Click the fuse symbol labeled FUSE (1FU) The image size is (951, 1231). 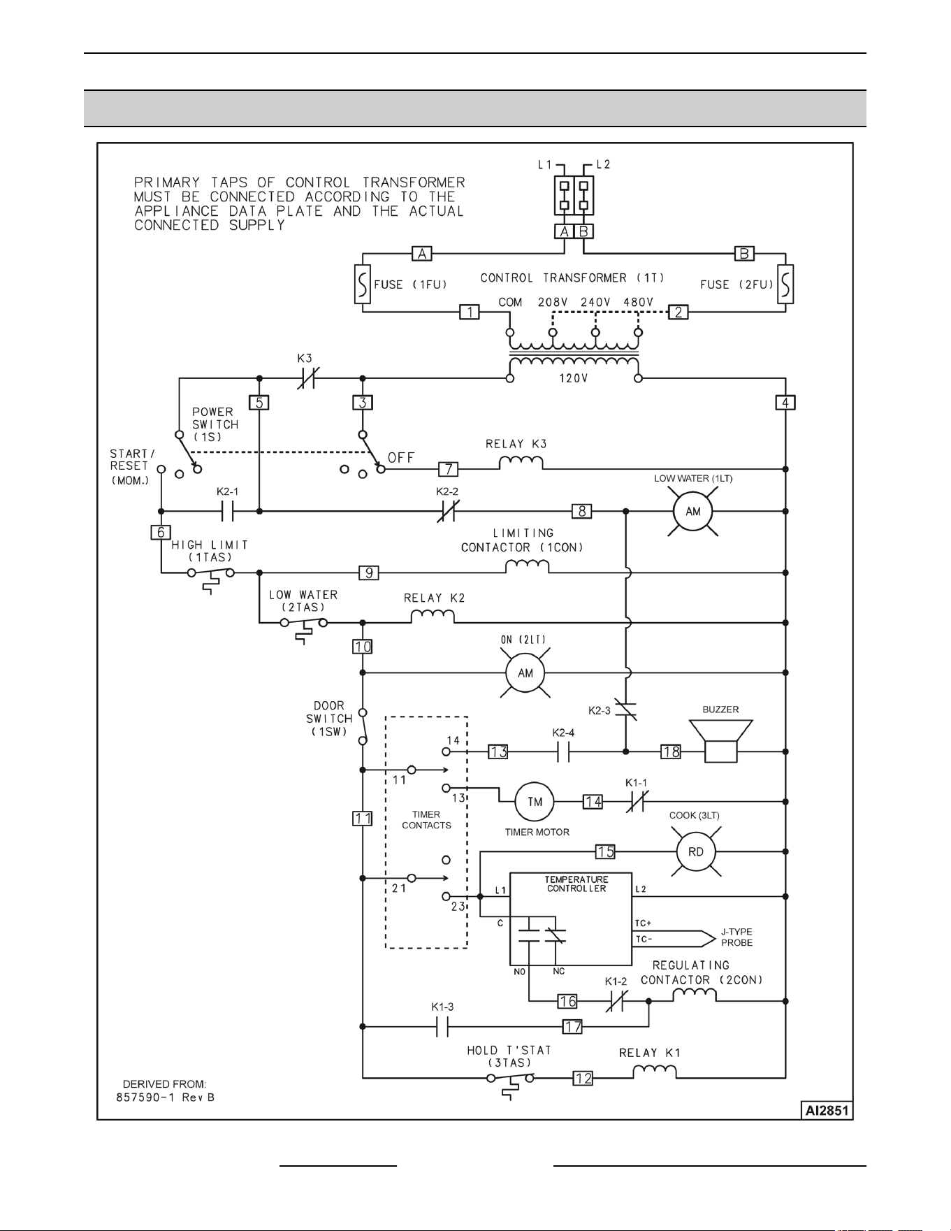[363, 285]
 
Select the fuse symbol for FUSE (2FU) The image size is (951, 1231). [785, 285]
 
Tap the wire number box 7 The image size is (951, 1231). [448, 469]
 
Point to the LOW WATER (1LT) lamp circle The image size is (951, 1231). [692, 511]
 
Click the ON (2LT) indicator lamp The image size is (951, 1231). [525, 672]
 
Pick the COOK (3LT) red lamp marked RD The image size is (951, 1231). [696, 851]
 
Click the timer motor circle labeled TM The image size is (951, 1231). [535, 802]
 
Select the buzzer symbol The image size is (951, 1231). [720, 741]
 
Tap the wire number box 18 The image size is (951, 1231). [671, 751]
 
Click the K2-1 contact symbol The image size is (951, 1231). [227, 511]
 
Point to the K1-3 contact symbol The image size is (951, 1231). [442, 1026]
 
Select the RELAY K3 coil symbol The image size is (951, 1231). [521, 462]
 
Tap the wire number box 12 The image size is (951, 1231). [583, 1078]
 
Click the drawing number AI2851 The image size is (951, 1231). [827, 1111]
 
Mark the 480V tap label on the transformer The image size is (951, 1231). [638, 302]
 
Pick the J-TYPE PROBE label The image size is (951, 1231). [736, 937]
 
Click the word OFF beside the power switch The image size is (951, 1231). [401, 457]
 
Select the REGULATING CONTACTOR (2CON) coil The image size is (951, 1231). [695, 995]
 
